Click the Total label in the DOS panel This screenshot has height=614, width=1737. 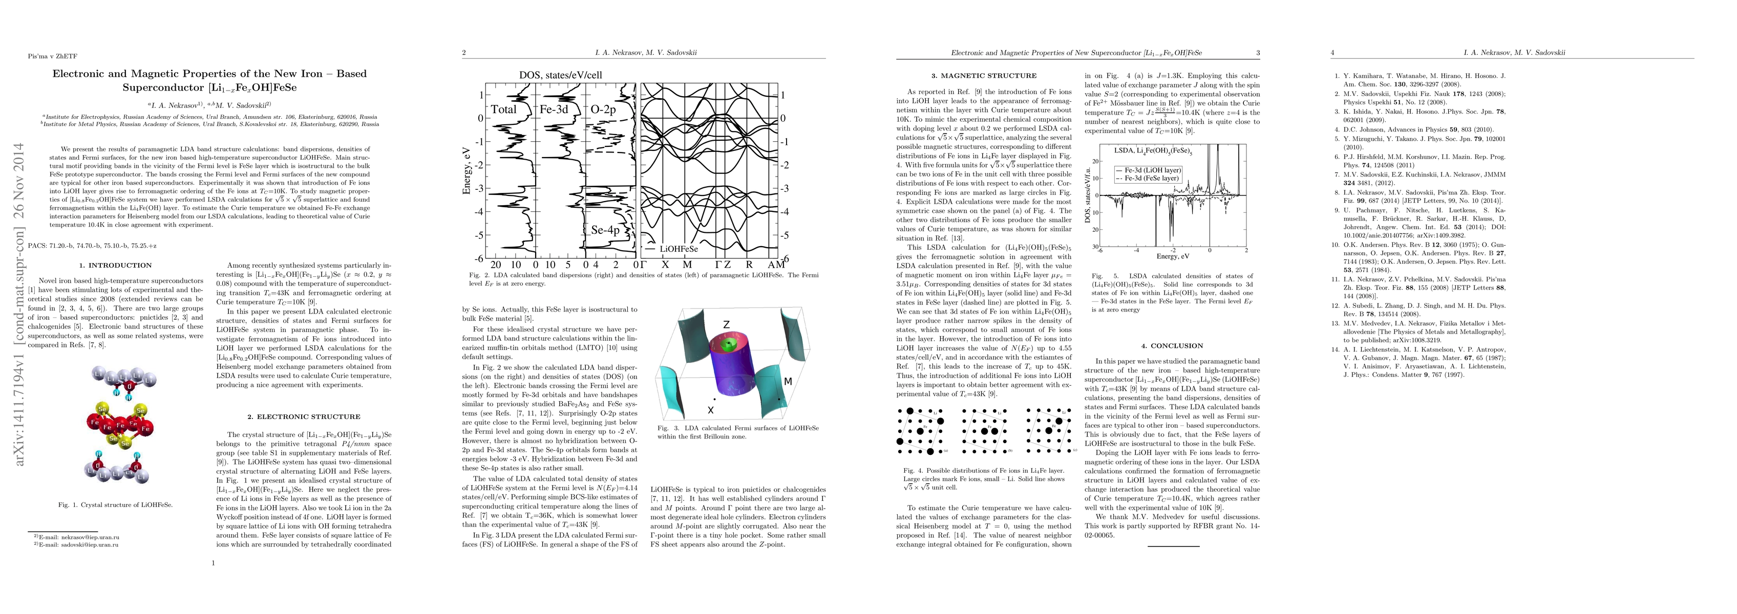(504, 109)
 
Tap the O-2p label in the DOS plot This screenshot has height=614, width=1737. (603, 109)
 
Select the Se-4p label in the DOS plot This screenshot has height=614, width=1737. (605, 230)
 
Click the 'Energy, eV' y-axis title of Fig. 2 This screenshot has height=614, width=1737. (466, 172)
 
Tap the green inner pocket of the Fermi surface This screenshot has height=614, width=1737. (726, 346)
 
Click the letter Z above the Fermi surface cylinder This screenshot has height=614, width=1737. (726, 325)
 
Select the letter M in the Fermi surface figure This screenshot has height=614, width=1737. (788, 382)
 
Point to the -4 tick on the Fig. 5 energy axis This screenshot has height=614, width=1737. (1137, 251)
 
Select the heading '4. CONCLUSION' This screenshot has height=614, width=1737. (1172, 346)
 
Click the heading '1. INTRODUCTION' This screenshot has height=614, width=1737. (115, 266)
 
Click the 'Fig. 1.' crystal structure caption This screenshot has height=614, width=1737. (115, 504)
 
